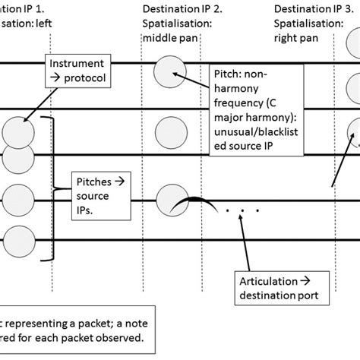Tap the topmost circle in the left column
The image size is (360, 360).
click(17, 134)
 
